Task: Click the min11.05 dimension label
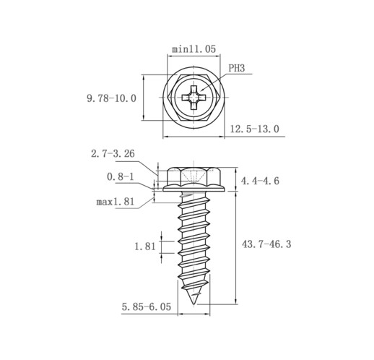click(193, 49)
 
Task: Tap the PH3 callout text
click(236, 68)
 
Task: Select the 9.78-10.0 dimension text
click(111, 98)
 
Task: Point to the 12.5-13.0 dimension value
click(255, 129)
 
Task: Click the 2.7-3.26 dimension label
click(113, 154)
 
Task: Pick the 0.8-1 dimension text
click(121, 177)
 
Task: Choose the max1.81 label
click(115, 202)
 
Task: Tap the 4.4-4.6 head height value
click(260, 181)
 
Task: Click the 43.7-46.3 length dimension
click(266, 244)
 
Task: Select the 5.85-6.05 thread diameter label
click(147, 307)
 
